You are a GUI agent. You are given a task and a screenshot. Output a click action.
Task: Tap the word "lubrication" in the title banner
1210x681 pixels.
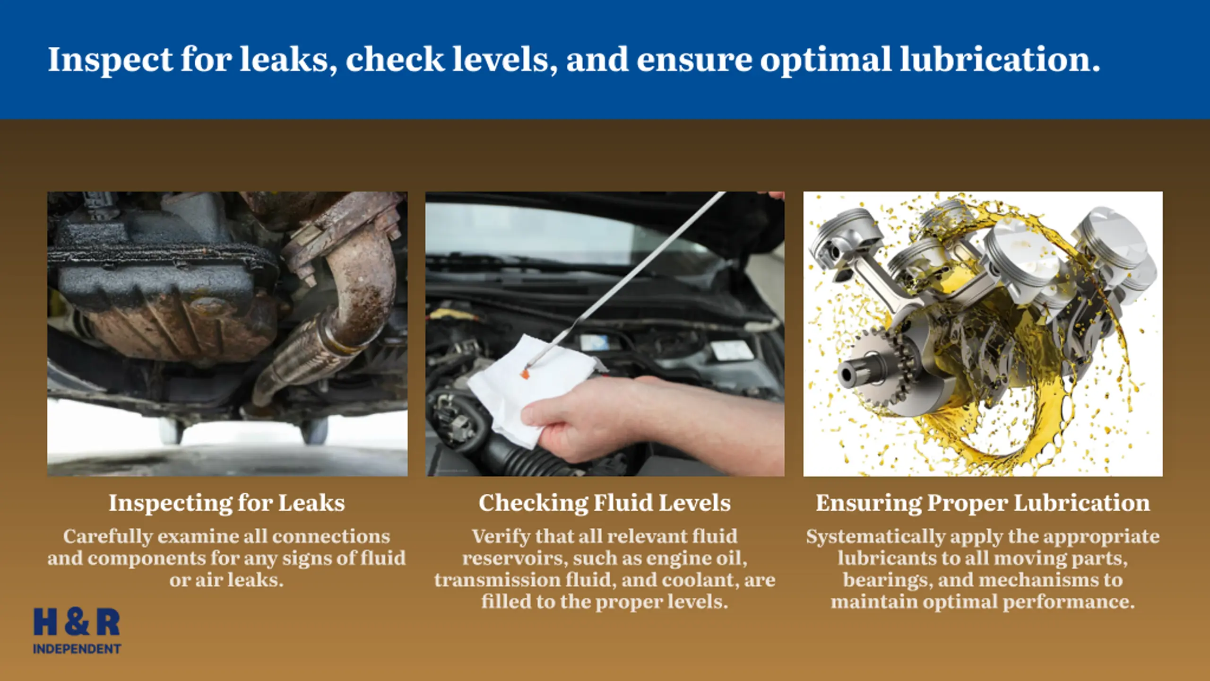point(1000,59)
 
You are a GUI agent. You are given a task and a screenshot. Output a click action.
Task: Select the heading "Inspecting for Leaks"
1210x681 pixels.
point(227,503)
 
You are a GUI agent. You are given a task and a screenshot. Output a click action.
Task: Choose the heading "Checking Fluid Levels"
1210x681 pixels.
point(605,503)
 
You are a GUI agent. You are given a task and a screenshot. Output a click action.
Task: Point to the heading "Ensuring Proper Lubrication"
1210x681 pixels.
point(983,503)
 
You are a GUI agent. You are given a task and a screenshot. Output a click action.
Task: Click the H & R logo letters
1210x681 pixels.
point(77,622)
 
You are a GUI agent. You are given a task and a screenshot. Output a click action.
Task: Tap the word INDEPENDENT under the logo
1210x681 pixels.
point(77,649)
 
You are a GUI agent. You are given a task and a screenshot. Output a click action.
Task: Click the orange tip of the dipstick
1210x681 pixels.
point(525,374)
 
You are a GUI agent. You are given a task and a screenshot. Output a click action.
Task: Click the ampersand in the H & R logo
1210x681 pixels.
point(77,622)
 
